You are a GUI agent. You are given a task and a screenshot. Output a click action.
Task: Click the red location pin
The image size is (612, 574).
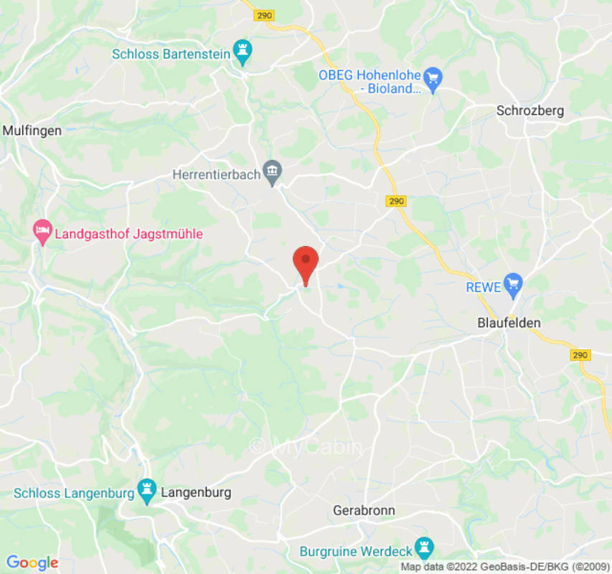[x=306, y=263]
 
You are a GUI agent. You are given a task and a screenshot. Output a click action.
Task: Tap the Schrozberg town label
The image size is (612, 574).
[x=530, y=110]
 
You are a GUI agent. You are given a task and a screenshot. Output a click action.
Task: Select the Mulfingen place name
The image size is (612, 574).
[x=32, y=131]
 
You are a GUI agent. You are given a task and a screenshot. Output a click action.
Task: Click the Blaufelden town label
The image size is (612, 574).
[x=509, y=323]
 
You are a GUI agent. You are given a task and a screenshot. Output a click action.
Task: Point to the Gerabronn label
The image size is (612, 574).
[x=364, y=511]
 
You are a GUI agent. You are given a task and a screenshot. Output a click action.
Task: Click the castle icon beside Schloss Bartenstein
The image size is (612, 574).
[x=245, y=52]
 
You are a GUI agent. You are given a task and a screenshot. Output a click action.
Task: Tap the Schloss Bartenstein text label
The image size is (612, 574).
[x=171, y=53]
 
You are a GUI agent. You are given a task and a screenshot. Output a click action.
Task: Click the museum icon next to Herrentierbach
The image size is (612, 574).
[x=272, y=171]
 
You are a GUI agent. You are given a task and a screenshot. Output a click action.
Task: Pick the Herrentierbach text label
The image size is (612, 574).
[x=216, y=174]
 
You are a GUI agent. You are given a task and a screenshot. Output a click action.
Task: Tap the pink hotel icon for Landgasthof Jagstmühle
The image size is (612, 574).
[x=42, y=231]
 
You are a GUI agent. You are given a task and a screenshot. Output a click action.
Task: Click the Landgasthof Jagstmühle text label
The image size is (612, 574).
[x=129, y=234]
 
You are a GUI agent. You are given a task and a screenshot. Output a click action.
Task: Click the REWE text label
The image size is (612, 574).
[x=481, y=286]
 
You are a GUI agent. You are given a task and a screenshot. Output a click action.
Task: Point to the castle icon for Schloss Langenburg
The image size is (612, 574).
[x=148, y=490]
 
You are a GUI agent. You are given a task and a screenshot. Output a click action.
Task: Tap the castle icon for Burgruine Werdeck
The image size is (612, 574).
[x=425, y=548]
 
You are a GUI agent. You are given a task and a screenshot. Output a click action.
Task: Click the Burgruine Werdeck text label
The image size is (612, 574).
[x=355, y=552]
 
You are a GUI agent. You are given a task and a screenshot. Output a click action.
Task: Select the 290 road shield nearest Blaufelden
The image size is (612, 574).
[x=580, y=355]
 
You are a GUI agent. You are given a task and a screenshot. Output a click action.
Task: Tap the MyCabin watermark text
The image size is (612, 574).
[x=306, y=446]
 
